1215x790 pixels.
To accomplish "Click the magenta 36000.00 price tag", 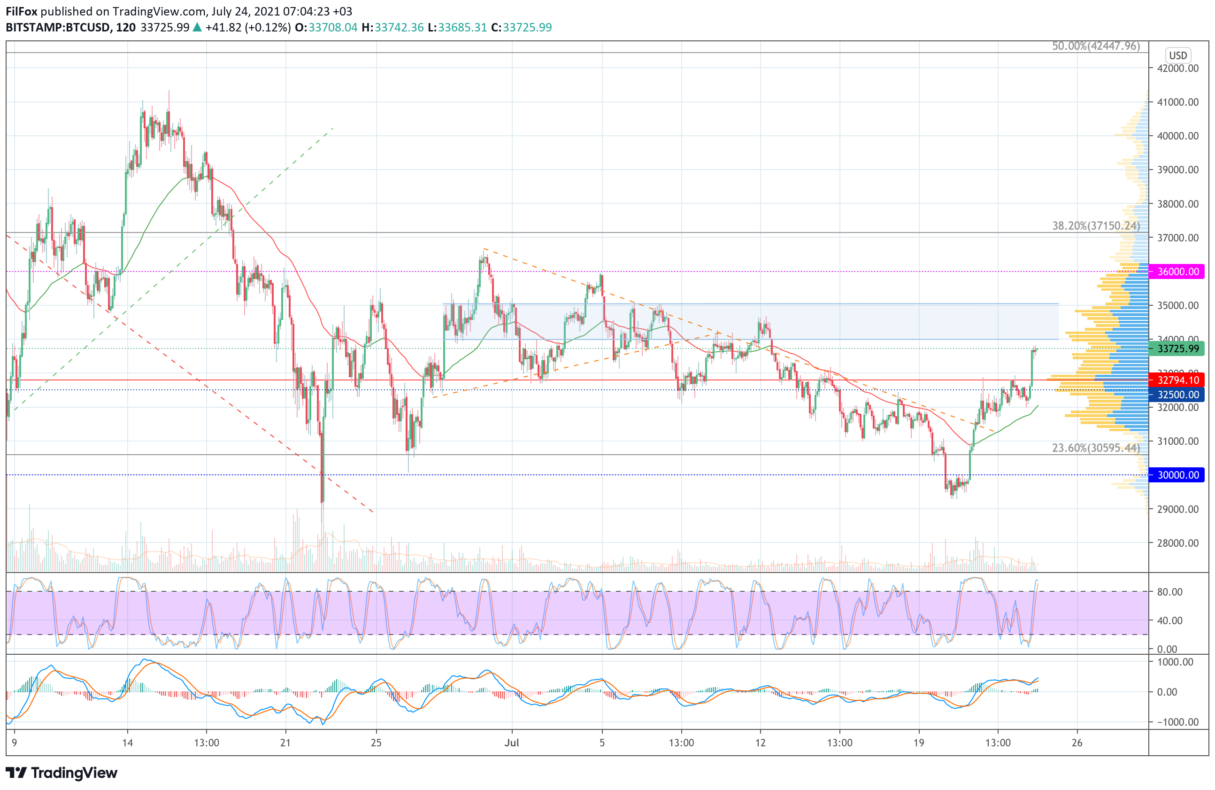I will point(1177,271).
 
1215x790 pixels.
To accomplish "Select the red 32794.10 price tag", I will point(1177,380).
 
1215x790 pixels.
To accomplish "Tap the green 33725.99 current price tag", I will point(1177,349).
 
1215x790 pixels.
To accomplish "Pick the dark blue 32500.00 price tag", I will point(1177,394).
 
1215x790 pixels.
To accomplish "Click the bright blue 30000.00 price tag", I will point(1177,475).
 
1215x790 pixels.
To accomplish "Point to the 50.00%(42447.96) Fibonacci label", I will point(1096,46).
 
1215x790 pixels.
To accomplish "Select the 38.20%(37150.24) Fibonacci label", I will point(1096,226).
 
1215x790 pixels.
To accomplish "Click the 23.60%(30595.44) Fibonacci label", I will point(1096,448).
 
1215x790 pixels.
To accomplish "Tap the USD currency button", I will point(1178,55).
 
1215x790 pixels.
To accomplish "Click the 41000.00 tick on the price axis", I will point(1178,102).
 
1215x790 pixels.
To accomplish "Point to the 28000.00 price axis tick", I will point(1178,543).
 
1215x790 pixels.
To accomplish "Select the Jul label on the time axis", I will point(512,743).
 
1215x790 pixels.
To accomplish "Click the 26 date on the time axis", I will point(1077,743).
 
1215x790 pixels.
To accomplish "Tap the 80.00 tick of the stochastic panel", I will point(1169,592).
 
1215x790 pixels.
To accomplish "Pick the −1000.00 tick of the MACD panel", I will point(1174,722).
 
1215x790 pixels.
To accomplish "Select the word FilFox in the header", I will point(22,11).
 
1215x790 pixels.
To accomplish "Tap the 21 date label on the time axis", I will point(285,743).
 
